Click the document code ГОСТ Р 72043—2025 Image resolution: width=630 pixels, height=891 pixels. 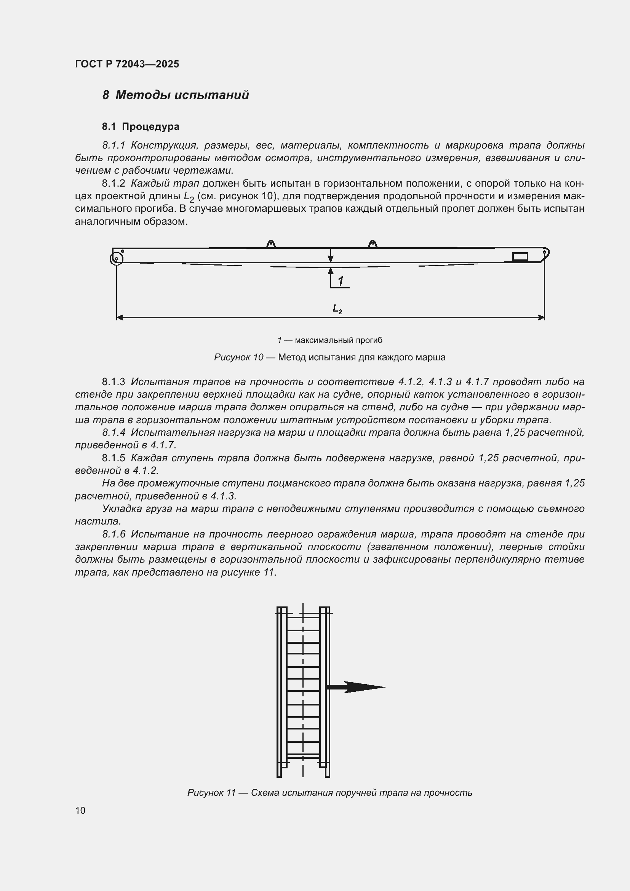[x=127, y=64]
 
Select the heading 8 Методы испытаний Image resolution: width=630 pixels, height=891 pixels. [x=175, y=95]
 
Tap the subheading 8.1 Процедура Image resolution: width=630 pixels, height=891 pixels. [x=141, y=126]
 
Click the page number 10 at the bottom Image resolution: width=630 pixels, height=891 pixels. [x=80, y=810]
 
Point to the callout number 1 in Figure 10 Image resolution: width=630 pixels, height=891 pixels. [x=341, y=281]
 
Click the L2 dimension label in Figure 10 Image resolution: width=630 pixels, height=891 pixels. [x=337, y=309]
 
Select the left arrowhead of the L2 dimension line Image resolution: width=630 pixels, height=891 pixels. [x=120, y=317]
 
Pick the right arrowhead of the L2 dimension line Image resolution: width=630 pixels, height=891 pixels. [x=541, y=317]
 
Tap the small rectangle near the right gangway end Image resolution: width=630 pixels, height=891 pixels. [x=520, y=256]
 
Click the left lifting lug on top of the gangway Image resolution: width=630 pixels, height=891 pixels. [x=271, y=244]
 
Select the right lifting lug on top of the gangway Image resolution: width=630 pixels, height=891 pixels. [x=373, y=244]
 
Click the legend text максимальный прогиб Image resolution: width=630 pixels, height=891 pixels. [x=338, y=340]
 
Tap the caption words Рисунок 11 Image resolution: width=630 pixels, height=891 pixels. [x=211, y=792]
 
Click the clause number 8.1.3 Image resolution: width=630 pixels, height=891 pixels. [x=114, y=382]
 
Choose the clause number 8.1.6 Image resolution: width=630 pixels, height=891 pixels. [x=114, y=534]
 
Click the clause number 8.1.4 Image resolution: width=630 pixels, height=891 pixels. [x=114, y=433]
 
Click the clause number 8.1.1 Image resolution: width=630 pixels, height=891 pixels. [x=114, y=146]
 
